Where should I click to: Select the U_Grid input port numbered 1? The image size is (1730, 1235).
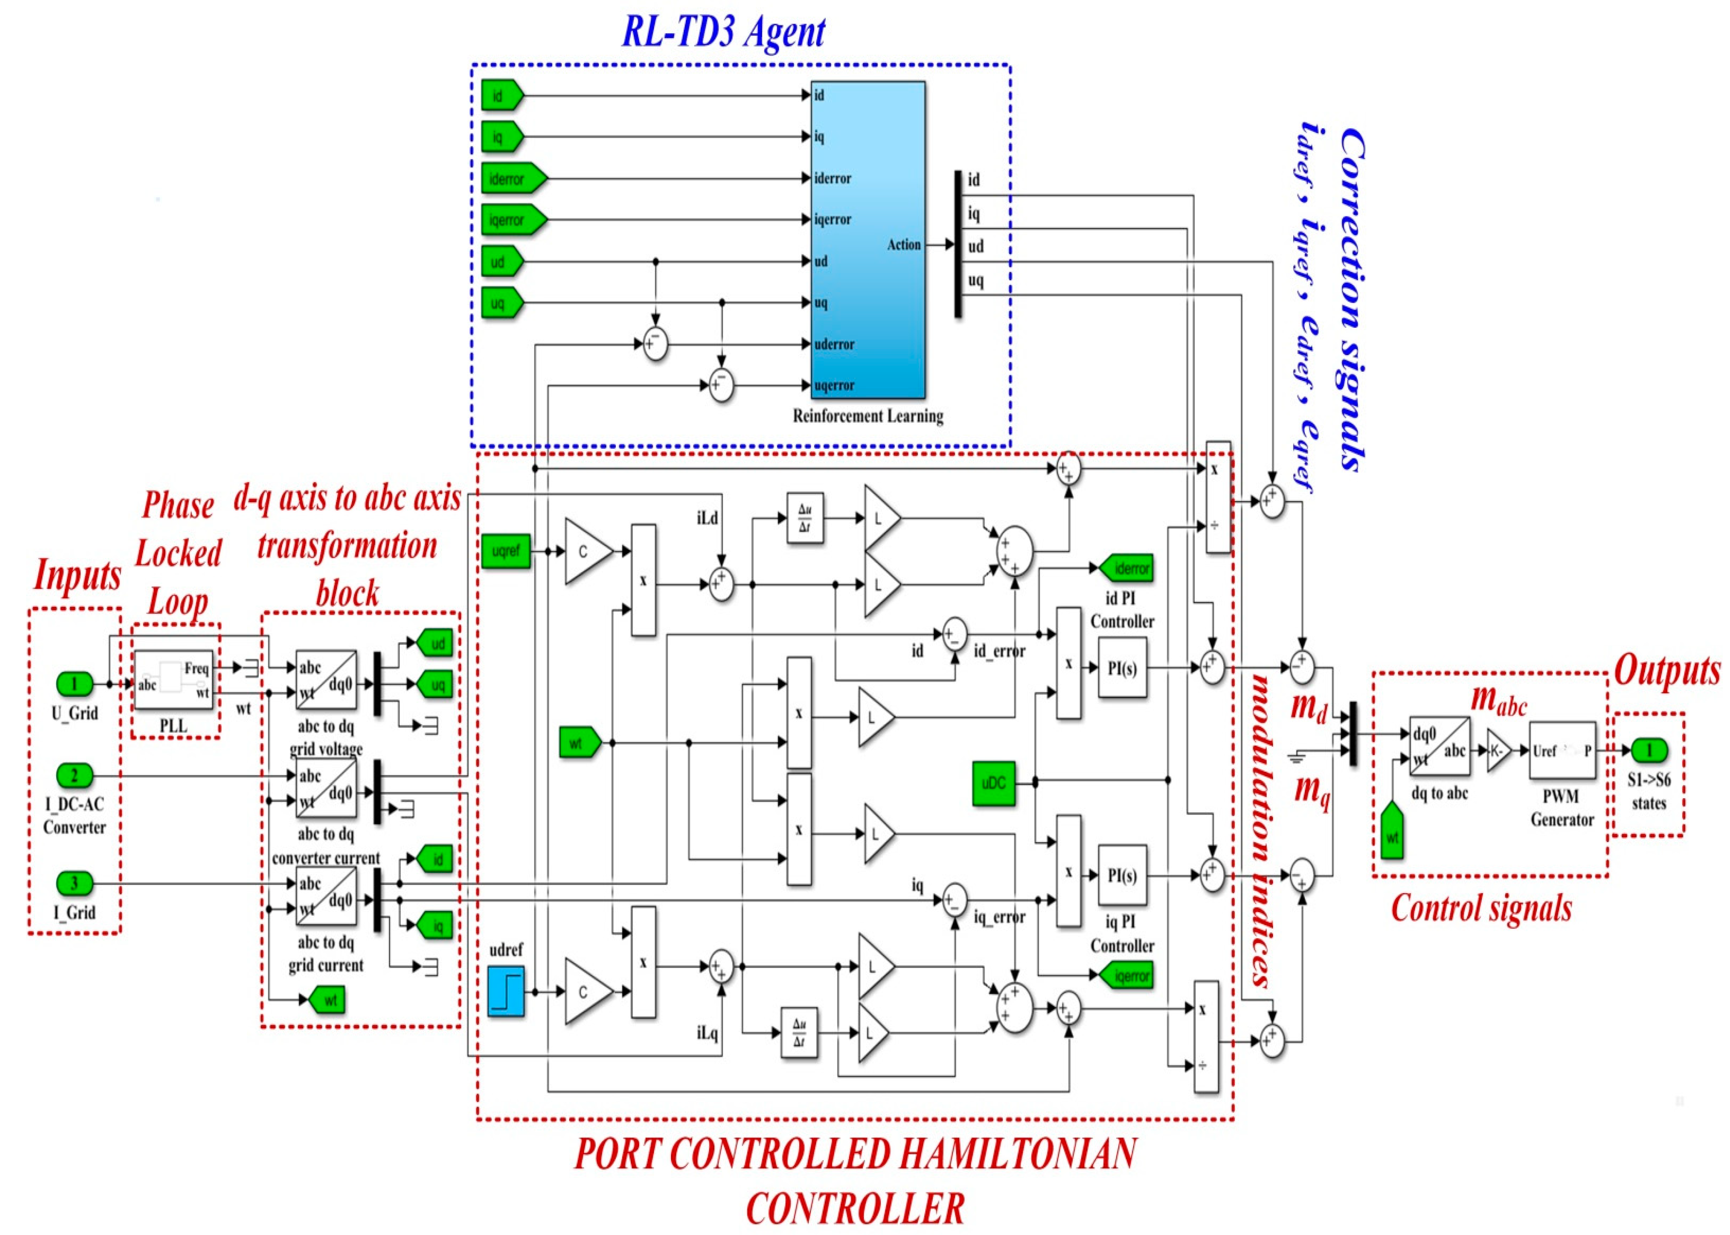(x=74, y=684)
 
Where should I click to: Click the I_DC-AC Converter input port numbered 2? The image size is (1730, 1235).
(x=74, y=776)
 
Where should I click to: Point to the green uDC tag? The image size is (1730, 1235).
(x=993, y=783)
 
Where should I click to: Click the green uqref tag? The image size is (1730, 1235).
(x=505, y=551)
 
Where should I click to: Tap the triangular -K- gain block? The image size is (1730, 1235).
(x=1498, y=750)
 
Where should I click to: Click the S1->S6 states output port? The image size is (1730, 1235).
(x=1649, y=750)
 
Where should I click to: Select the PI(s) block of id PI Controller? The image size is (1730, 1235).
(x=1122, y=668)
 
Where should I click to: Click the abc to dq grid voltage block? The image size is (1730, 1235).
(x=325, y=680)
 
